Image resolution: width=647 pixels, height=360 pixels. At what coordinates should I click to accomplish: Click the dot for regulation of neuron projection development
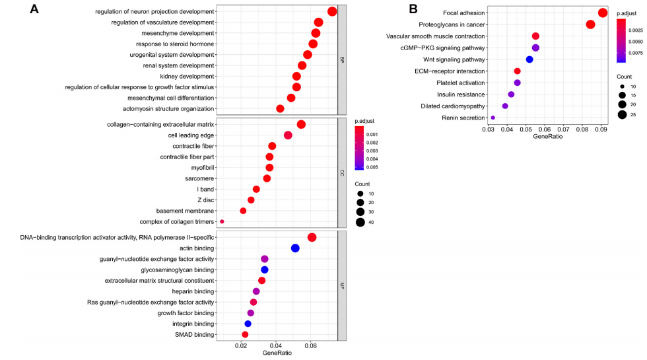(x=332, y=11)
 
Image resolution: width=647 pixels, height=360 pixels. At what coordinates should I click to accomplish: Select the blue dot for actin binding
(x=295, y=248)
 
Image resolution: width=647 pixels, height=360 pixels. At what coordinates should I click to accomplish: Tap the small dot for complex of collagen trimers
(x=222, y=222)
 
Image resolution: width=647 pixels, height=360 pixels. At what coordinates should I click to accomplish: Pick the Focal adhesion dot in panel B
(x=602, y=13)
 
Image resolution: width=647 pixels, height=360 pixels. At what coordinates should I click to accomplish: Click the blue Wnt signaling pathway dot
(x=529, y=59)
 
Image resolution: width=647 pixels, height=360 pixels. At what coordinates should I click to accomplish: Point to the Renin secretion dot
(x=493, y=118)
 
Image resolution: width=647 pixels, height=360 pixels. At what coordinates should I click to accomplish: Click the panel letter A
(x=35, y=9)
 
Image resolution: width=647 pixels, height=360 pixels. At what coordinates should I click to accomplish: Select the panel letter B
(x=413, y=9)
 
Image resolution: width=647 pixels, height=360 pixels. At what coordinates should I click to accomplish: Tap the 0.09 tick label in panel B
(x=601, y=131)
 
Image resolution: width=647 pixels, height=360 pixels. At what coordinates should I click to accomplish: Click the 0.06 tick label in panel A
(x=311, y=345)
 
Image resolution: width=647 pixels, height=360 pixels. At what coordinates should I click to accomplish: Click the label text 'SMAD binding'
(x=195, y=335)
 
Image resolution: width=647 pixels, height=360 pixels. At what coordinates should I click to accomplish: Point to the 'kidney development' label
(x=178, y=77)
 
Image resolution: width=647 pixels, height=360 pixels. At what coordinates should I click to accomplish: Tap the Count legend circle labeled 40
(x=360, y=222)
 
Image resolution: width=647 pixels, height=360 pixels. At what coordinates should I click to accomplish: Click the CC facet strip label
(x=342, y=173)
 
